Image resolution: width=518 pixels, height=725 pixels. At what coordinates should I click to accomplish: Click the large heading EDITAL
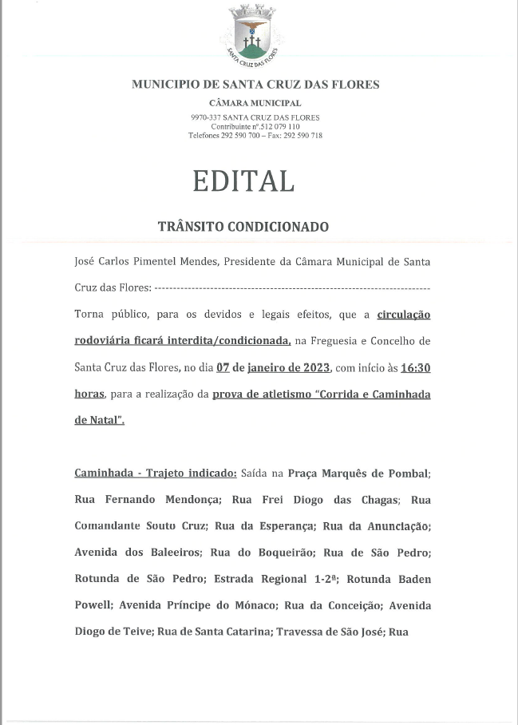[243, 180]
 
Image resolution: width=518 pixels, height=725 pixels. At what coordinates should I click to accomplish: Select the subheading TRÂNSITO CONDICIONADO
[243, 227]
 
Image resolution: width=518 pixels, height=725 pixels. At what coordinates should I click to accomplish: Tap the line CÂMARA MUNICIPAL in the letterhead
[255, 103]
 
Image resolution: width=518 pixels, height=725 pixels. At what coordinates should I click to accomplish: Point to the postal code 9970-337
[206, 118]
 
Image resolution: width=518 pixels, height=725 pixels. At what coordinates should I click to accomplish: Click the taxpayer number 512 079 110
[279, 127]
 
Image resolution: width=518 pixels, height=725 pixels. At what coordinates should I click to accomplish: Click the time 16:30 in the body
[415, 368]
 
